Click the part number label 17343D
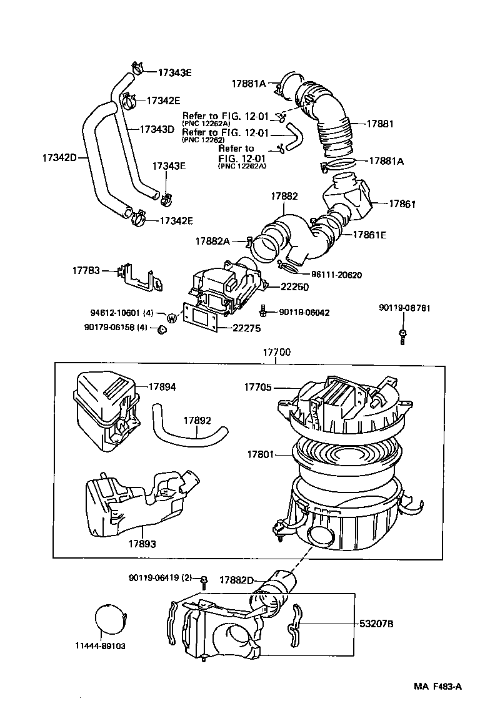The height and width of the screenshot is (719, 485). coord(156,129)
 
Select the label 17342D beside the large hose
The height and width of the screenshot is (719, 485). coord(59,157)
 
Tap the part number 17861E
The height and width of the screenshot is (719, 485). coord(369,235)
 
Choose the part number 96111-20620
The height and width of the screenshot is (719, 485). coord(336,275)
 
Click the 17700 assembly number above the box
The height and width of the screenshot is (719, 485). coord(276,353)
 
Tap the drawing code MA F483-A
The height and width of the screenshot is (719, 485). coord(437,687)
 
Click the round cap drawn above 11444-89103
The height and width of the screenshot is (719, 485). coord(111,620)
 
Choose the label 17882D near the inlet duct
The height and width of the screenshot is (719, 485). coord(236,580)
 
